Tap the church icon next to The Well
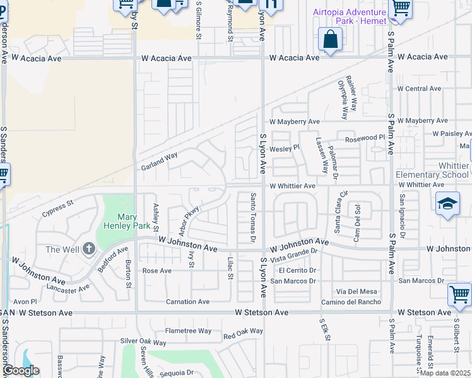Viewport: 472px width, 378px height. click(x=89, y=249)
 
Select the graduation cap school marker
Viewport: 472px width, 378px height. click(x=447, y=203)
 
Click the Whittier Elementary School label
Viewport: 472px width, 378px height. click(x=432, y=170)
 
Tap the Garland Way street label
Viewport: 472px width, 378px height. click(x=158, y=161)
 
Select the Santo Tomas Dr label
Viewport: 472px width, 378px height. click(x=252, y=218)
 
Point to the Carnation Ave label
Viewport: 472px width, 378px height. click(x=187, y=302)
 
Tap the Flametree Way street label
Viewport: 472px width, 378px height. click(x=188, y=331)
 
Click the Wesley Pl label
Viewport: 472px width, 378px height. click(x=283, y=149)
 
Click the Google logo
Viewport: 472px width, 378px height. click(x=20, y=370)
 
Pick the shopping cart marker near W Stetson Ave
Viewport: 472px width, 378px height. click(x=459, y=294)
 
